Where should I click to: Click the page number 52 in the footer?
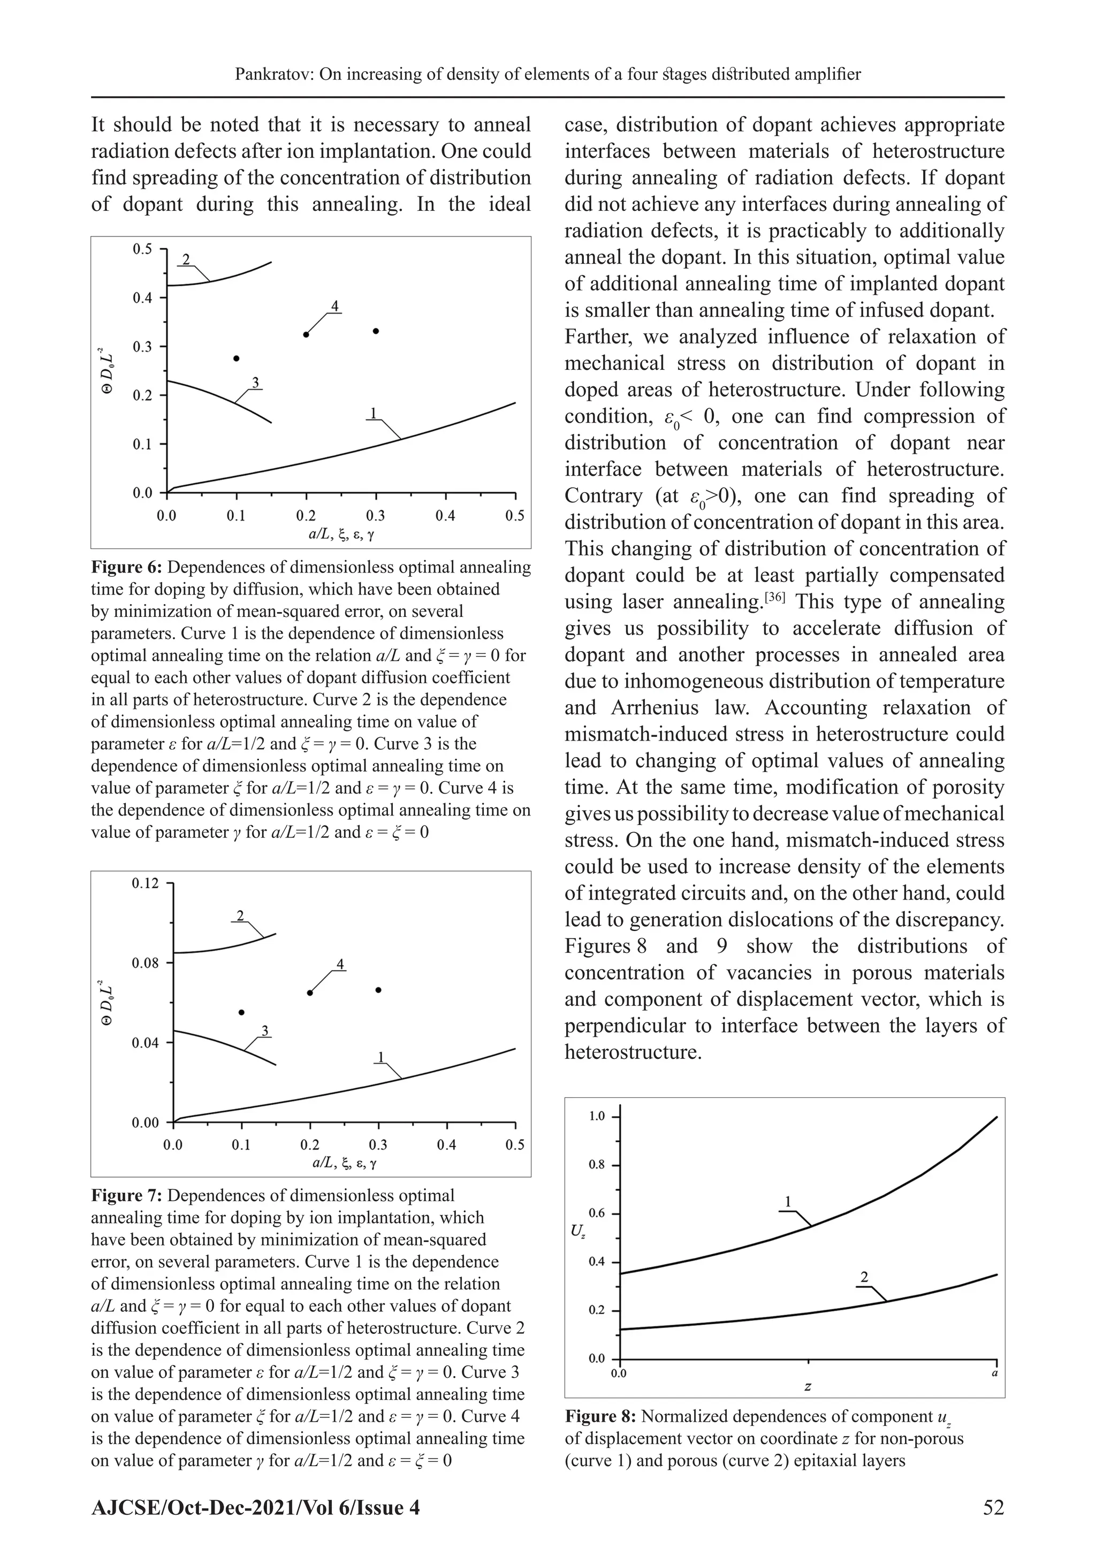tap(993, 1507)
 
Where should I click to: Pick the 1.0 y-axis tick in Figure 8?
tap(597, 1117)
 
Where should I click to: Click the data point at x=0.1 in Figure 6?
tap(236, 358)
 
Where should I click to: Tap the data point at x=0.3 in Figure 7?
tap(378, 990)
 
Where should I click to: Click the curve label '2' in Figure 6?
tap(186, 259)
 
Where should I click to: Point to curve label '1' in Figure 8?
tap(788, 1202)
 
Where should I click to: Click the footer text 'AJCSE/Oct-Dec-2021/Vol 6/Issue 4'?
tap(255, 1507)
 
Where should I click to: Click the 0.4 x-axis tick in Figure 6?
tap(445, 516)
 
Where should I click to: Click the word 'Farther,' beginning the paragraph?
tap(599, 337)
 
